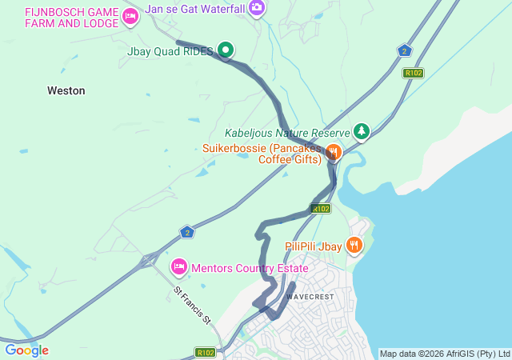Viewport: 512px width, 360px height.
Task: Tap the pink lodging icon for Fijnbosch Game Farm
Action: pyautogui.click(x=130, y=16)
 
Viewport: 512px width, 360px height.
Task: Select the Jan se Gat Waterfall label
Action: pyautogui.click(x=194, y=8)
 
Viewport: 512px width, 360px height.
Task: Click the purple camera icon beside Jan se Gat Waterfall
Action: pyautogui.click(x=257, y=8)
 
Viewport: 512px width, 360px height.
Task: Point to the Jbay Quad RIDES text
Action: pyautogui.click(x=170, y=50)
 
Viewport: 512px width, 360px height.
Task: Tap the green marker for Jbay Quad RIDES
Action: pyautogui.click(x=226, y=50)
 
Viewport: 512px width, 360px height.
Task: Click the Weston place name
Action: pyautogui.click(x=66, y=90)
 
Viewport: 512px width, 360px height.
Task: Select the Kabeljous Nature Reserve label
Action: pyautogui.click(x=286, y=133)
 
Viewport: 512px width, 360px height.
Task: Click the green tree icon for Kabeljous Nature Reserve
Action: pyautogui.click(x=362, y=130)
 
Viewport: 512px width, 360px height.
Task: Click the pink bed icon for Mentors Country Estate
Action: pyautogui.click(x=179, y=266)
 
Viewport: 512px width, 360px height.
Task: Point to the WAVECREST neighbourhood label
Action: pyautogui.click(x=310, y=297)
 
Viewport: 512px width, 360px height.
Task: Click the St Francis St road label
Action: pyautogui.click(x=193, y=306)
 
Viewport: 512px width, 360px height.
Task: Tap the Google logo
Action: pyautogui.click(x=26, y=350)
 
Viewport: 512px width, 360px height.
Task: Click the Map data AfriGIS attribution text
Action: pyautogui.click(x=444, y=354)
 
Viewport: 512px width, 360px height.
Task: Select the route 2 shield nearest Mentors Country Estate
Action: pyautogui.click(x=186, y=231)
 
